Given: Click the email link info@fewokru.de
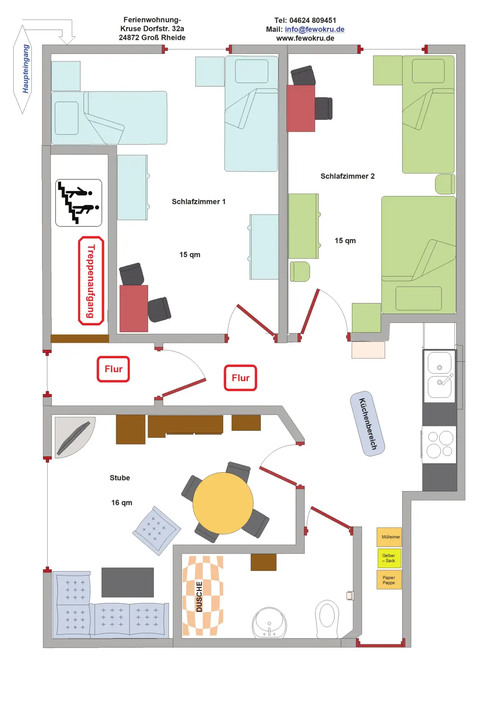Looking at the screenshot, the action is pos(314,29).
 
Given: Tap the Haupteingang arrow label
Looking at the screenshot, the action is pos(23,69).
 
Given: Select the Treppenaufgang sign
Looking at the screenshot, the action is pos(91,281).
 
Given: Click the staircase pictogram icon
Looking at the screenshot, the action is pos(79,203).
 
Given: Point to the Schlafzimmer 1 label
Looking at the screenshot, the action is pos(198,201).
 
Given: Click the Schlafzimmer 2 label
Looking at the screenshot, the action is pos(347,176).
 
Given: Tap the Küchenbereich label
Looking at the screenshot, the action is pos(367,424).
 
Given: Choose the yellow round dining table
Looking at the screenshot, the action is pos(223,503).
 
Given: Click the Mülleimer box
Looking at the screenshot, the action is pos(389,537).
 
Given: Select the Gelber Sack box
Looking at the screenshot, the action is pos(389,558).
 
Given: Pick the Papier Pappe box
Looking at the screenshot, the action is pos(389,580).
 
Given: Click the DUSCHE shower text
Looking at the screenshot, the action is pos(199,596).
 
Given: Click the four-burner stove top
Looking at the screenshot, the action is pos(439,444).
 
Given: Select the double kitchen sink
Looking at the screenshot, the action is pos(439,375).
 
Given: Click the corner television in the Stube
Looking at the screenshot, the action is pos(74,437).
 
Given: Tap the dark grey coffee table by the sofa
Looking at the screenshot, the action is pos(127,582).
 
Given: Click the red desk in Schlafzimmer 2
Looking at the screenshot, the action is pos(301,108).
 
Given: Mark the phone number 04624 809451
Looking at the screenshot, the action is pos(313,20).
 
